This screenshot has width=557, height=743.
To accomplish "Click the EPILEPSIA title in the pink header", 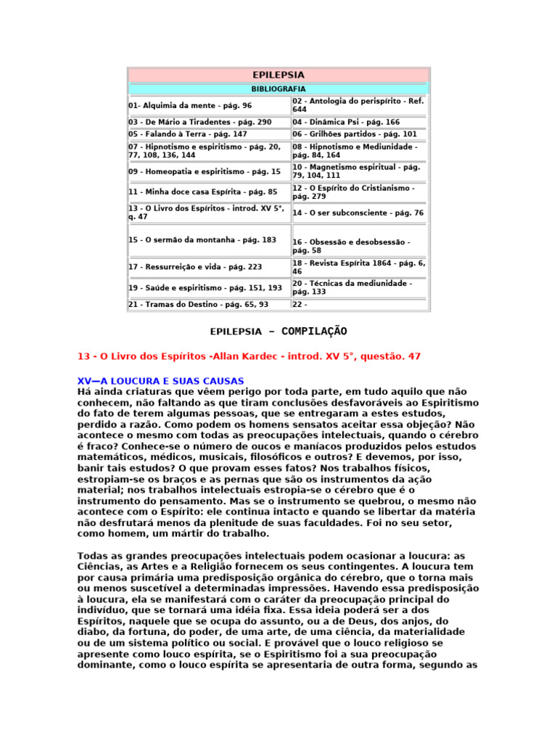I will [278, 75].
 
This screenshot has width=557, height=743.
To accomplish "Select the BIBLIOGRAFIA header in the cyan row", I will [278, 89].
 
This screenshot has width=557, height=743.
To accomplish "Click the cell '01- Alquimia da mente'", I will [190, 105].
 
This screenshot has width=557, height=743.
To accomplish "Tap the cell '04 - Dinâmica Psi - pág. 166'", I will [346, 122].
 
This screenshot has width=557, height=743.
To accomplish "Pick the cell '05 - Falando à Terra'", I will [188, 134].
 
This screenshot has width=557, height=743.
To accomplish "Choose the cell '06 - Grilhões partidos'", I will [355, 134].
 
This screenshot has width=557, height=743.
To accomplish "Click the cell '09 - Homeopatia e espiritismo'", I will [205, 172].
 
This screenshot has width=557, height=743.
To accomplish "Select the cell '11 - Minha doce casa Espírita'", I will [203, 192].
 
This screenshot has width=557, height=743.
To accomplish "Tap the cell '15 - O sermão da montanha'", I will [202, 239].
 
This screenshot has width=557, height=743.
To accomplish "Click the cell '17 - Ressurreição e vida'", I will [195, 267].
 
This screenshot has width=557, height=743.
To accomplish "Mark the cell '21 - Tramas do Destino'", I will [198, 305].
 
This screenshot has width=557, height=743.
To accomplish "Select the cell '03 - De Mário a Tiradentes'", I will [199, 122].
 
